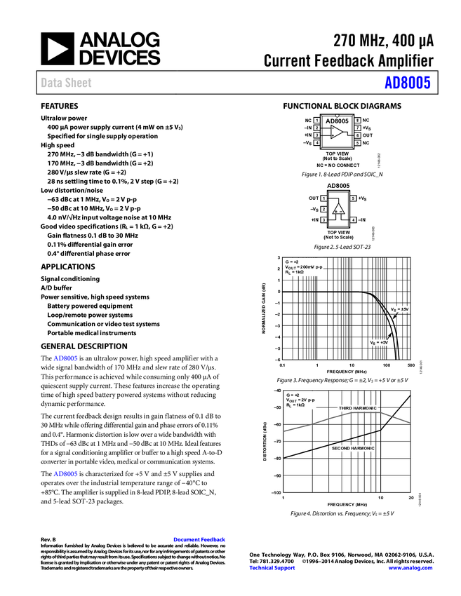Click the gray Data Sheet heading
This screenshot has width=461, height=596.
[x=67, y=83]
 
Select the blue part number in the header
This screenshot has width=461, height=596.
[x=407, y=83]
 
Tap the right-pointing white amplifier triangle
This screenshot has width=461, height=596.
[x=336, y=132]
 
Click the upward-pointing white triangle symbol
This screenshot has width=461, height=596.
[x=338, y=209]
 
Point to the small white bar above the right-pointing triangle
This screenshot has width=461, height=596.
[x=336, y=112]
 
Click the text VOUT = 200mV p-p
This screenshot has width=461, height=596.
[x=304, y=267]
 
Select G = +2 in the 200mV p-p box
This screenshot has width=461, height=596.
[x=292, y=262]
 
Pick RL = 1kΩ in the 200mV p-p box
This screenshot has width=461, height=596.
[x=295, y=272]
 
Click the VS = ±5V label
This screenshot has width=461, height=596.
[x=399, y=309]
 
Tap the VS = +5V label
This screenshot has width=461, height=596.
[x=380, y=343]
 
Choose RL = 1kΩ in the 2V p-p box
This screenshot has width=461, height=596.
[x=295, y=405]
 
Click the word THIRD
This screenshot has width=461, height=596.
[x=347, y=408]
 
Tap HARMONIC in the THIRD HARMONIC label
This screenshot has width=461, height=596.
[x=366, y=408]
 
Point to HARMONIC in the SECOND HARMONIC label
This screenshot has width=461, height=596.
[x=361, y=449]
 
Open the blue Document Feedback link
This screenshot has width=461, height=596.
[x=200, y=540]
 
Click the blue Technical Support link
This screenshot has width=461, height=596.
[x=272, y=568]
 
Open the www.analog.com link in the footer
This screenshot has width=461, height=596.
[x=410, y=568]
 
